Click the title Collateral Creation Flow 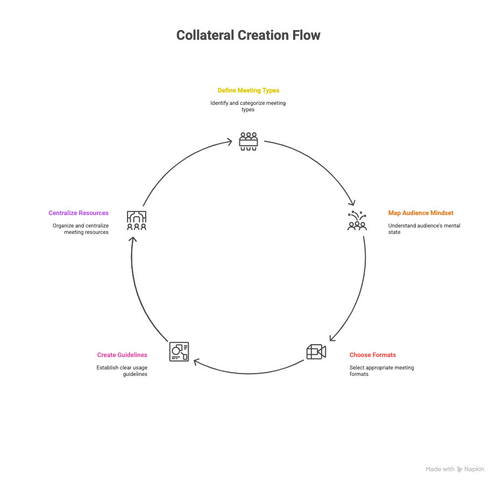point(248,35)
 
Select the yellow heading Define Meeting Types point(248,90)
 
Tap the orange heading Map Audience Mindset point(420,213)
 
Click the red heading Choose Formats point(372,355)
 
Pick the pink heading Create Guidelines point(122,355)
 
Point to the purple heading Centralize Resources point(79,213)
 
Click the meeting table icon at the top point(248,141)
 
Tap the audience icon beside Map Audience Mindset point(357,220)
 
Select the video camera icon point(316,352)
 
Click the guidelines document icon point(179,351)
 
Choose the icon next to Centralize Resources point(137,220)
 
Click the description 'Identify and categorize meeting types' point(248,106)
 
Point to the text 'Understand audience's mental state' point(423,229)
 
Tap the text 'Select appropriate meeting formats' point(381,371)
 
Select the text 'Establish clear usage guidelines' point(122,371)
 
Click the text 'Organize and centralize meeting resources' point(81,229)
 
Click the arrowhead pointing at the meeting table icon point(229,142)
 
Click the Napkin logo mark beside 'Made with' point(459,469)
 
